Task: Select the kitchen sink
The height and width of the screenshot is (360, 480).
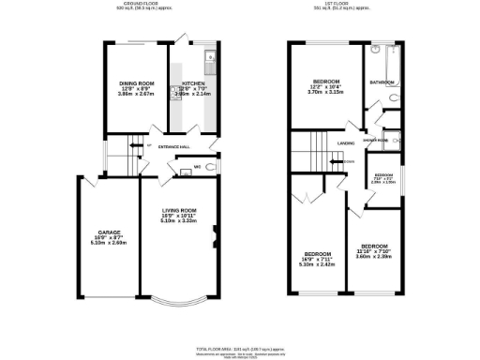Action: pos(211,64)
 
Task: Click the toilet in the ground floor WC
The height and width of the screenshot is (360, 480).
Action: pos(212,168)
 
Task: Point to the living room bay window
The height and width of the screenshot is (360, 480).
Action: pos(177,301)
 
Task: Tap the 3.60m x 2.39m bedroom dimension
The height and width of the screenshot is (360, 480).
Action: pos(375,257)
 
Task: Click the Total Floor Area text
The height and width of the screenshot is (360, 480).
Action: pos(239,348)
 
